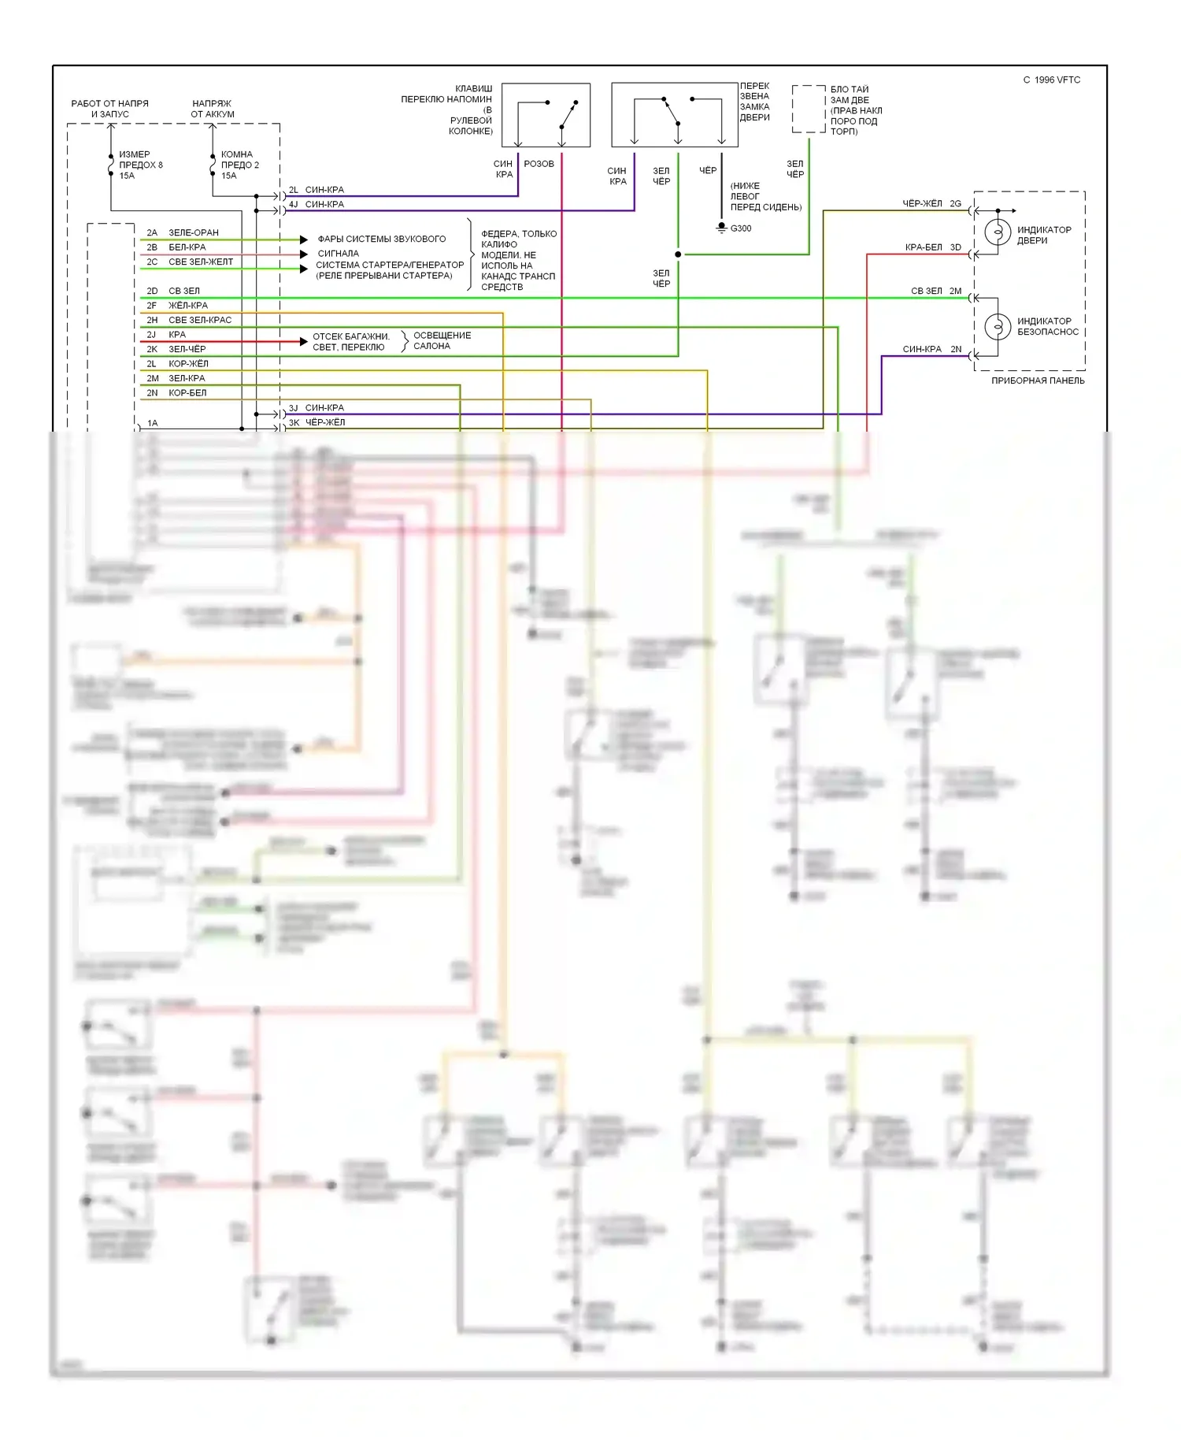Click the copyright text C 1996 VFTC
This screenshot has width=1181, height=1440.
[x=1051, y=80]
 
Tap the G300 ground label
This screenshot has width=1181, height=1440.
[x=740, y=228]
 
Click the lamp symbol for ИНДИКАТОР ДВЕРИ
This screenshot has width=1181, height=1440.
[x=998, y=233]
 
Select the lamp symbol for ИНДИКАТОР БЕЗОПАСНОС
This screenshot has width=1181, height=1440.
[x=998, y=326]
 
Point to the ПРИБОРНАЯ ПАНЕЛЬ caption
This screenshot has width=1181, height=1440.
[x=1037, y=380]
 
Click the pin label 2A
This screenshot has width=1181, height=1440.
[x=152, y=232]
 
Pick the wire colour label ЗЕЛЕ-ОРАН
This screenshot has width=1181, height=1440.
[x=194, y=232]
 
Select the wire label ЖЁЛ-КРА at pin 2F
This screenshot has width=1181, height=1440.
[x=188, y=306]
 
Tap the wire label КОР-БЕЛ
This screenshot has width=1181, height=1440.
[x=187, y=393]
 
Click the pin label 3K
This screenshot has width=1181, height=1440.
[x=294, y=422]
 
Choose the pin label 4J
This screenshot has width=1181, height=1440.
[x=294, y=204]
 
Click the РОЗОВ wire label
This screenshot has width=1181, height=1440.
[x=539, y=164]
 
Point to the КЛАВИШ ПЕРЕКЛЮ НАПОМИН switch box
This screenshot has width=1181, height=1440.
[x=546, y=115]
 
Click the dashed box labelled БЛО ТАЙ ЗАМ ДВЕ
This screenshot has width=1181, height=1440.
[x=808, y=109]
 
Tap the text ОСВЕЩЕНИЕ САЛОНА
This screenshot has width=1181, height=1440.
[x=442, y=340]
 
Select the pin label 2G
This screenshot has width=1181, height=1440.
[x=955, y=203]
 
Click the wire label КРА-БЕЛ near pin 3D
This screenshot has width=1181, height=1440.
[x=923, y=247]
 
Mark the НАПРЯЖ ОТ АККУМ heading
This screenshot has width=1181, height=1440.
[x=213, y=109]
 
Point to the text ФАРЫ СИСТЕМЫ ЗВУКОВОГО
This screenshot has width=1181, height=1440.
[x=381, y=239]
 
